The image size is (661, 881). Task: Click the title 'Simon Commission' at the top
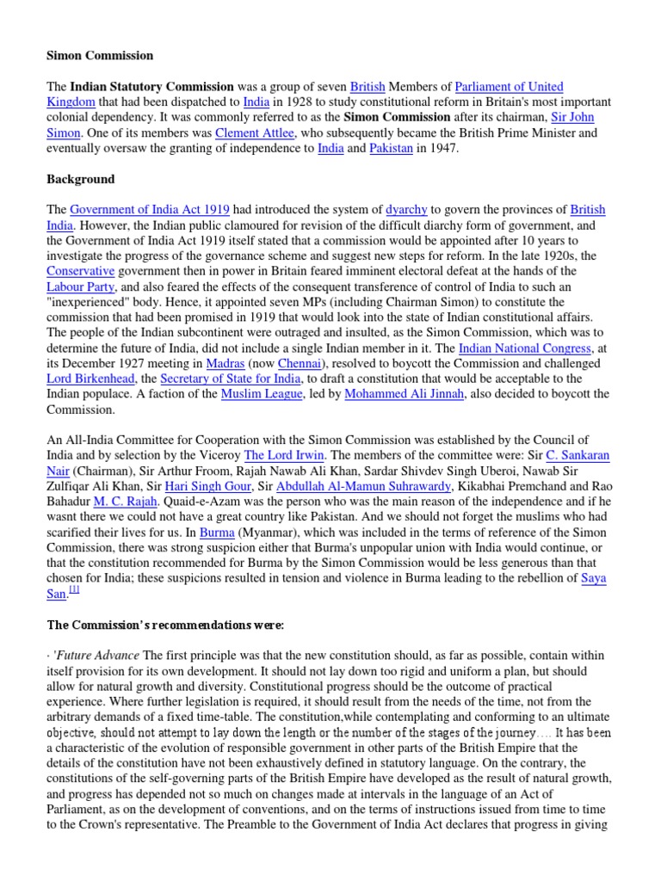click(100, 56)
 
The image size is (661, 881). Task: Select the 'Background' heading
click(80, 180)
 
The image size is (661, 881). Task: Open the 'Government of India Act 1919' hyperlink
click(149, 210)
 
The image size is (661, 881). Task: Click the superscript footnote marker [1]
click(75, 590)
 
